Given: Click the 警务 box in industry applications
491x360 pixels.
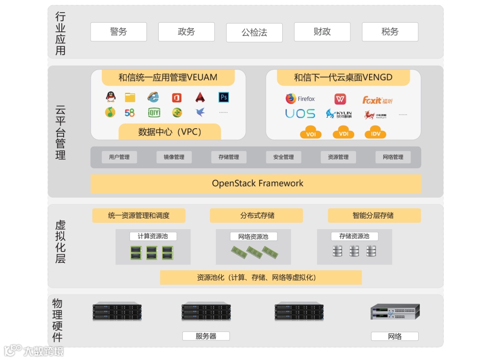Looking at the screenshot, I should click(x=118, y=32).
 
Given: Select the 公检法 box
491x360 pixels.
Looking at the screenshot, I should click(x=254, y=33).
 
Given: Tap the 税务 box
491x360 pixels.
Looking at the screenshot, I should click(x=390, y=32).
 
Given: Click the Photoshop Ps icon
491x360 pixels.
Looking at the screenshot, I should click(x=223, y=97).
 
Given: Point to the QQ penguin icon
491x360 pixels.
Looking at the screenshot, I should click(x=110, y=96).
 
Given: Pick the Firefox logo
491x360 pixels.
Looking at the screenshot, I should click(x=291, y=99).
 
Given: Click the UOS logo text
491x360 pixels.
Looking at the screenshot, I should click(x=300, y=114).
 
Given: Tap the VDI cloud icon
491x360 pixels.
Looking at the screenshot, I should click(x=343, y=132).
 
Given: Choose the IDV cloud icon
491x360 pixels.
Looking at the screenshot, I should click(x=375, y=132).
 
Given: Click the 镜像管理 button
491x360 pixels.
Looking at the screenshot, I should click(x=174, y=157).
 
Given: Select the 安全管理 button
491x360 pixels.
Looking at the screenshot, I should click(x=283, y=157).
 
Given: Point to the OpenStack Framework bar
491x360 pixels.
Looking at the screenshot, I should click(x=257, y=184).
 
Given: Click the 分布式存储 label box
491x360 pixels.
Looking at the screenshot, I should click(x=256, y=215).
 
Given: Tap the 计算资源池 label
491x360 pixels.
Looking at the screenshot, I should click(x=153, y=236).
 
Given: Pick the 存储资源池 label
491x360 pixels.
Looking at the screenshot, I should click(x=354, y=236).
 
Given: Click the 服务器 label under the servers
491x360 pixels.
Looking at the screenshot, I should click(x=206, y=336).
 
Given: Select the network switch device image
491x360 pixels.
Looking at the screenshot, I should click(x=395, y=312).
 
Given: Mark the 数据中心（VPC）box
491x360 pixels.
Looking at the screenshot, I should click(x=170, y=132).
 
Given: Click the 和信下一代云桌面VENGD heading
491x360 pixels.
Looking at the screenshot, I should click(x=343, y=77).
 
